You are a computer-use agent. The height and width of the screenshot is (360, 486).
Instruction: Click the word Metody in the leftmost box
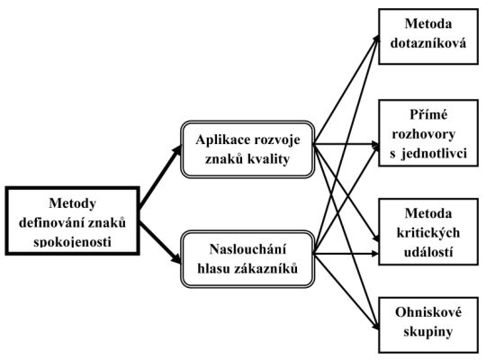coord(73,204)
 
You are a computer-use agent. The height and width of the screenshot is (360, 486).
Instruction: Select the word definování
coord(50,222)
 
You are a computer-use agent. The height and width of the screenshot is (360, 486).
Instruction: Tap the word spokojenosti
coord(72,242)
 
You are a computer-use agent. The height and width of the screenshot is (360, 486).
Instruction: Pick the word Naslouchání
coord(247,249)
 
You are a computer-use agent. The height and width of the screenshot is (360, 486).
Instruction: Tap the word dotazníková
coord(428,43)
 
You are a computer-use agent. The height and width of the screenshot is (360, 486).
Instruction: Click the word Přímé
coord(428,115)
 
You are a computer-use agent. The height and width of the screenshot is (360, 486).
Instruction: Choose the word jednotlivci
coord(434,154)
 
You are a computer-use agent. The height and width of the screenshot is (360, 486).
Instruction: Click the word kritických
coord(428,233)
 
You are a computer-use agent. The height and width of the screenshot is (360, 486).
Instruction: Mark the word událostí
coord(428,252)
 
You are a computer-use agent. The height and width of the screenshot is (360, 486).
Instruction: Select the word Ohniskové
coord(428,312)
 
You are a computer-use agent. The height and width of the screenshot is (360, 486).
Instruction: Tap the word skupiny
coord(428,332)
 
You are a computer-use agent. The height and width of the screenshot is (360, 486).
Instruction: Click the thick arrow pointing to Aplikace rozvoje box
coord(160,177)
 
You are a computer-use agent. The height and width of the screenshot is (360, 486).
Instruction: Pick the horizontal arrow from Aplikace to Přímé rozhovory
coord(346,144)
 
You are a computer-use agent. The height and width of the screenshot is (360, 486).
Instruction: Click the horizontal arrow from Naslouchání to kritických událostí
coord(346,254)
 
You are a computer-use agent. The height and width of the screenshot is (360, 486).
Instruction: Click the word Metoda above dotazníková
coord(428,24)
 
